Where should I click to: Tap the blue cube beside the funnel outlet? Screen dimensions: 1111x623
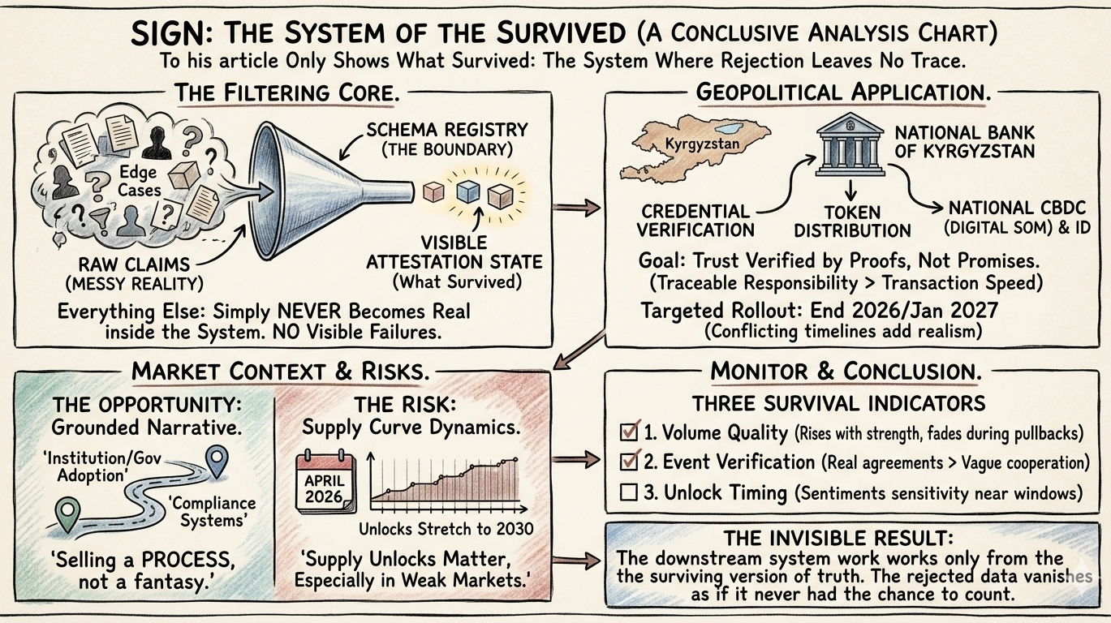click(x=466, y=192)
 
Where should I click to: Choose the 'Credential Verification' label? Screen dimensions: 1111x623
click(x=695, y=221)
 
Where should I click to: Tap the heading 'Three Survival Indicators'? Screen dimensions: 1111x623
click(x=838, y=403)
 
